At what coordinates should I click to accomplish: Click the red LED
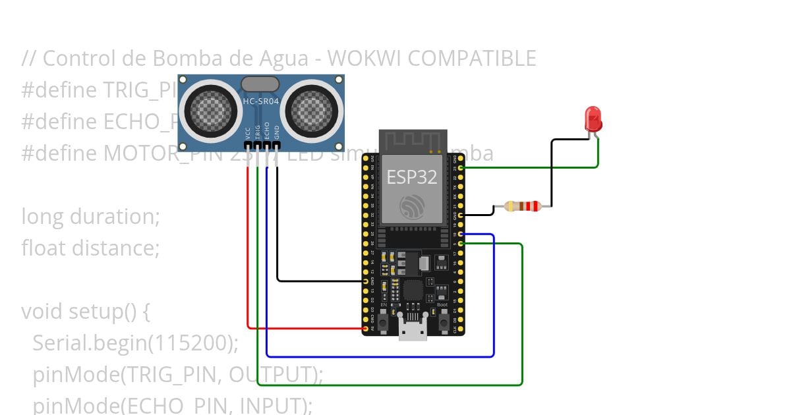(593, 119)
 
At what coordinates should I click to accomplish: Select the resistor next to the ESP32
(522, 206)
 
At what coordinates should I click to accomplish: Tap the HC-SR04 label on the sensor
(261, 101)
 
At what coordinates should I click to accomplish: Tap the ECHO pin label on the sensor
(267, 130)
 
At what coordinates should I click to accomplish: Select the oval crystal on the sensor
(260, 84)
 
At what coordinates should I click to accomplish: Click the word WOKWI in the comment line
(365, 59)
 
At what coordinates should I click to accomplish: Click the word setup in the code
(96, 312)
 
